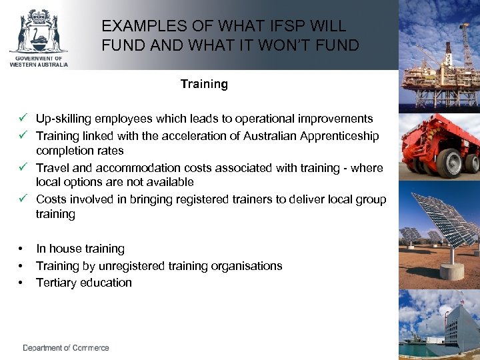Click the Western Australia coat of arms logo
pyautogui.click(x=38, y=31)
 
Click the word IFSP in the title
pyautogui.click(x=266, y=27)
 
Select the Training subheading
pyautogui.click(x=204, y=84)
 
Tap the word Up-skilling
pyautogui.click(x=63, y=119)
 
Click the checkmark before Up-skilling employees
pyautogui.click(x=23, y=119)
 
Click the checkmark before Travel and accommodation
pyautogui.click(x=23, y=168)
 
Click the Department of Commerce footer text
pyautogui.click(x=66, y=348)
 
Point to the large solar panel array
pyautogui.click(x=443, y=223)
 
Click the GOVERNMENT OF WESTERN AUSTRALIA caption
pyautogui.click(x=38, y=63)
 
